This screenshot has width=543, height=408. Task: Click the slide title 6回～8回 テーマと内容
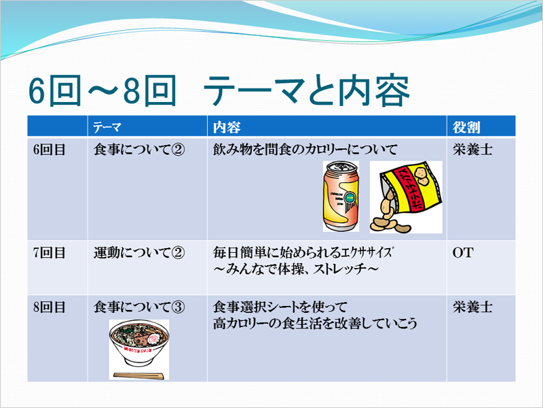pyautogui.click(x=219, y=91)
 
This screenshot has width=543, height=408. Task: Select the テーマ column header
pyautogui.click(x=107, y=127)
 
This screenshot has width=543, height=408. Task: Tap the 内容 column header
pyautogui.click(x=227, y=127)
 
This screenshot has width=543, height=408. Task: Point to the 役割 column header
pyautogui.click(x=466, y=127)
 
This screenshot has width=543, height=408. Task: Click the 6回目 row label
pyautogui.click(x=49, y=150)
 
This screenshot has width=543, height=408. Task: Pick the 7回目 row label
pyautogui.click(x=49, y=252)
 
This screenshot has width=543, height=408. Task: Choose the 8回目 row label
pyautogui.click(x=49, y=307)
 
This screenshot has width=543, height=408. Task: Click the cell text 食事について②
pyautogui.click(x=139, y=150)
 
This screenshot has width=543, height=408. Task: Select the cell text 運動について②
pyautogui.click(x=139, y=252)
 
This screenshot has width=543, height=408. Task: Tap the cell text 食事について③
pyautogui.click(x=139, y=307)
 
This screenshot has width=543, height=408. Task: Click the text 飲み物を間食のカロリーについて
pyautogui.click(x=305, y=150)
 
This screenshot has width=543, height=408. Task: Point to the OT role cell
pyautogui.click(x=463, y=252)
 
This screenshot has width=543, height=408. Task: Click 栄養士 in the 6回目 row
pyautogui.click(x=472, y=150)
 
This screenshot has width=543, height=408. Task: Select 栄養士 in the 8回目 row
pyautogui.click(x=472, y=307)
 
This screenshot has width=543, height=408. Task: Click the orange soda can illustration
pyautogui.click(x=341, y=197)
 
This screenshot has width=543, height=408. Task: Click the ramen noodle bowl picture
pyautogui.click(x=139, y=344)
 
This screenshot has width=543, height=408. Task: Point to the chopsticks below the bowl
pyautogui.click(x=138, y=375)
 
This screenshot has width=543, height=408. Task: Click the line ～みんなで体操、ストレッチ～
pyautogui.click(x=296, y=269)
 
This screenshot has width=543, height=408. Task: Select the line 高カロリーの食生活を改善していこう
pyautogui.click(x=315, y=324)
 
